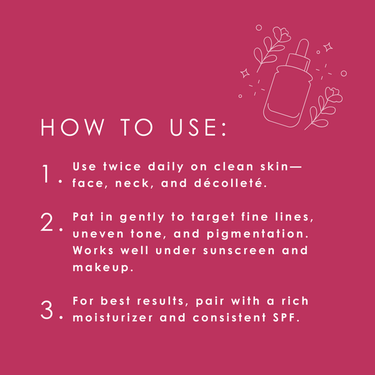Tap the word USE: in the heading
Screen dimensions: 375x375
point(198,127)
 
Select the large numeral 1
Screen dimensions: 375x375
point(46,174)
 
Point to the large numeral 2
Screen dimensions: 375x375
point(47,222)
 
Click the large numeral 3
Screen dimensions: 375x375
point(47,310)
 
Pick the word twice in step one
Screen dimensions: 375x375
point(122,167)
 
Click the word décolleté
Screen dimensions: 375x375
point(230,183)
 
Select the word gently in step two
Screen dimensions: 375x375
point(142,217)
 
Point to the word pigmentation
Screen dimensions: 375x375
point(257,234)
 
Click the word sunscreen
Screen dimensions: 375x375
point(239,251)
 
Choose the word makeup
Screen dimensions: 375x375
point(103,267)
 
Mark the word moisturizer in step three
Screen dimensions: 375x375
point(112,318)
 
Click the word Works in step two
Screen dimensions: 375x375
point(93,251)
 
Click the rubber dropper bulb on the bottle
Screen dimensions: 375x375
point(302,48)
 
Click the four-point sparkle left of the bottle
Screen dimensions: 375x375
point(244,73)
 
